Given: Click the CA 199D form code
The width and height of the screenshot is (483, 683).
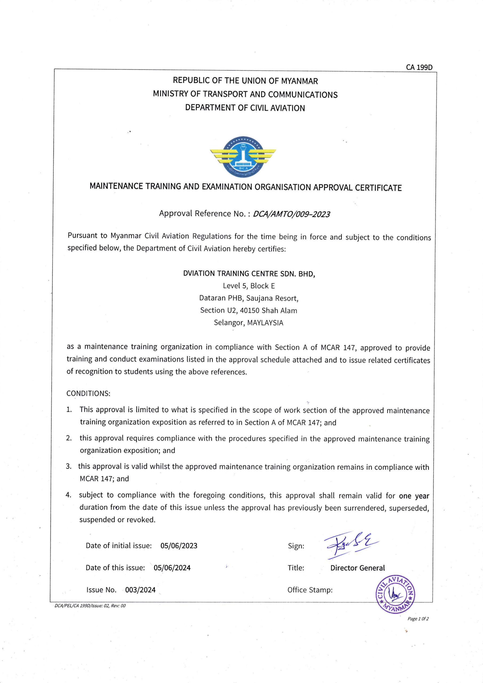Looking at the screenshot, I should pos(419,67).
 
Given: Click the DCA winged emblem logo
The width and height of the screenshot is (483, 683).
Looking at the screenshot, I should pos(243,157).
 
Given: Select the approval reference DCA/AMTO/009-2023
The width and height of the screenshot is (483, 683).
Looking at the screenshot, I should pos(291,214).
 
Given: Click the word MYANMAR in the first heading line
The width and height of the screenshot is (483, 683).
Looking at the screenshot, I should pos(299,81).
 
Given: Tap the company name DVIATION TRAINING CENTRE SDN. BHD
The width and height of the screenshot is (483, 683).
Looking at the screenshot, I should pos(249,274).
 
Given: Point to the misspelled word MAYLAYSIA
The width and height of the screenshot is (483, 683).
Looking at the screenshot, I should pos(265,323).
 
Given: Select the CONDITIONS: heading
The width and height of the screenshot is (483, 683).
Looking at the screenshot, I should pos(88,393).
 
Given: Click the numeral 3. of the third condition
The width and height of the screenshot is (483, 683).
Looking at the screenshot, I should pos(69,466).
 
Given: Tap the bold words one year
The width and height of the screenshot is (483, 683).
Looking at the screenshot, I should pos(414,496).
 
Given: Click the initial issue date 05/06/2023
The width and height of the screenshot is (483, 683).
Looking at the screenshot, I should pos(179,546).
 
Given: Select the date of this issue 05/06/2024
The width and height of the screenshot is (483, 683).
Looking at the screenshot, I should pos(172,567).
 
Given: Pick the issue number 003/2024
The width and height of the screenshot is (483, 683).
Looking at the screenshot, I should pos(140,590).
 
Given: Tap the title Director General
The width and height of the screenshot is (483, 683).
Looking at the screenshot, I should pos(357,568).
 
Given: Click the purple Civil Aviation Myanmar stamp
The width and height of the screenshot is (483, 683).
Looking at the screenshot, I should pos(395,594).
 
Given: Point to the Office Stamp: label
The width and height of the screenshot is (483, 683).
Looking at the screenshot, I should pos(310,590).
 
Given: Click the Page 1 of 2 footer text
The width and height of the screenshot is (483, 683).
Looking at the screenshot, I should pos(418,619).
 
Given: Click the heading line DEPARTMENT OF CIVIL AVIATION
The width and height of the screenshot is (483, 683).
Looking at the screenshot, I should pos(245,108).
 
